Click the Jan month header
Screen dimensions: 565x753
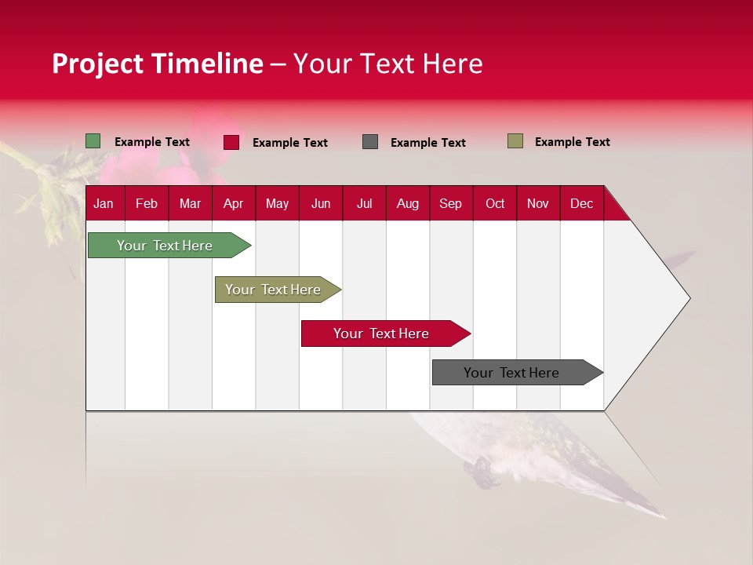coord(104,203)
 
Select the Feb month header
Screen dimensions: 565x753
coord(147,203)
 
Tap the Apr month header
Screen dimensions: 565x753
coord(233,203)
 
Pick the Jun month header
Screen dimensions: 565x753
coord(321,203)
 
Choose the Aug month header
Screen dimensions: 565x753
coord(408,203)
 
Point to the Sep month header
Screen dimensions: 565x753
coord(450,203)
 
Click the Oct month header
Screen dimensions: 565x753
coord(495,203)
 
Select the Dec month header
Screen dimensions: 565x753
coord(581,203)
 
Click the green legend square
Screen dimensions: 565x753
coord(93,141)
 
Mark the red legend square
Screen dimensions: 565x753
coord(231,142)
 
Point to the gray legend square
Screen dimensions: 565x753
coord(370,142)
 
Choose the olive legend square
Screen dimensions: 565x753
coord(515,141)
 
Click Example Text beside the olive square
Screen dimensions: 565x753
coord(572,142)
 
